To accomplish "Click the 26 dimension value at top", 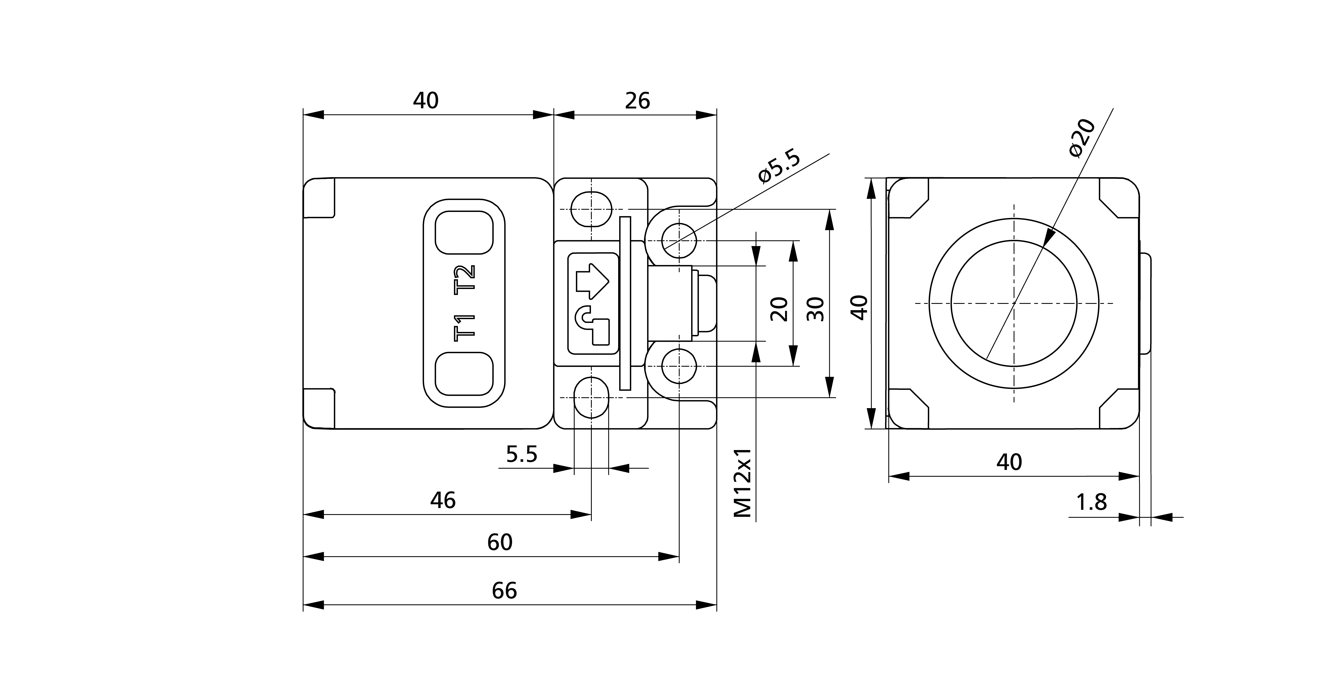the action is [637, 101].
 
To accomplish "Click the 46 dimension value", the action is [443, 501].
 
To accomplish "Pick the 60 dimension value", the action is [500, 543].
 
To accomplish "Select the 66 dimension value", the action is [504, 591].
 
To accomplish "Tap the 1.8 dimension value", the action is [1091, 503].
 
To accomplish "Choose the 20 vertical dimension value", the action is [779, 309].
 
